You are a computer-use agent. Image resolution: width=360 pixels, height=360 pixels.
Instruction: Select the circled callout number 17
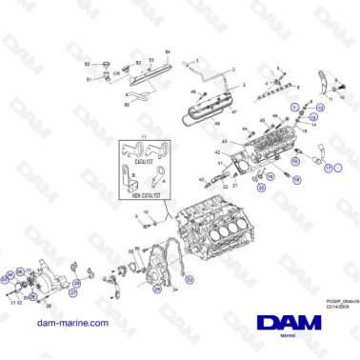[x=330, y=168]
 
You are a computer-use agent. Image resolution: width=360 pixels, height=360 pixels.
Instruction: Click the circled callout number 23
[x=189, y=279]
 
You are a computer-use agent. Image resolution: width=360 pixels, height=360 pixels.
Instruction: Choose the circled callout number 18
[x=295, y=176]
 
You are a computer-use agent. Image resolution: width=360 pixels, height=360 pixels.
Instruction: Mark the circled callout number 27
[x=72, y=292]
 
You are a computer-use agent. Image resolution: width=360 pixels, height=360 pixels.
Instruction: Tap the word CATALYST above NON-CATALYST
[x=143, y=163]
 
